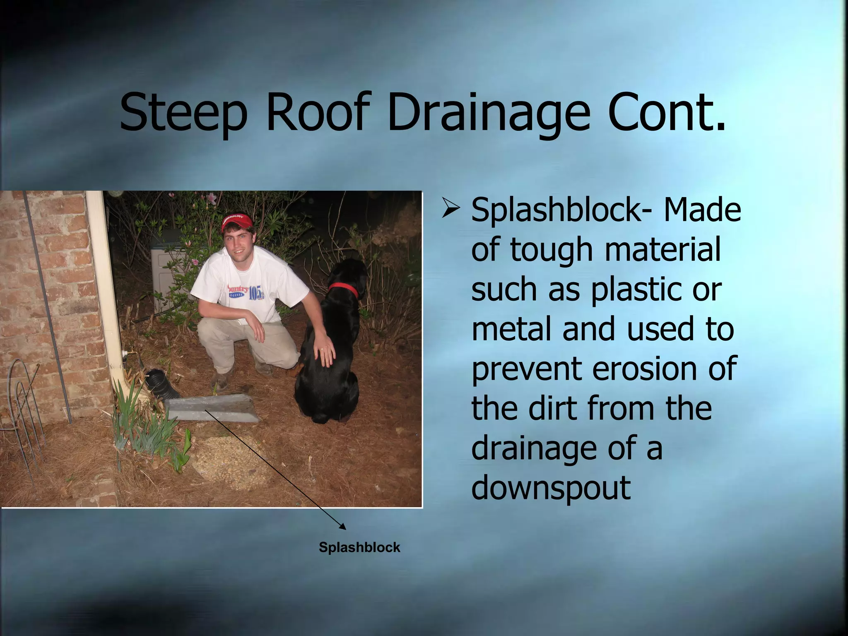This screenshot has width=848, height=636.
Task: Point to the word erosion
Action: [x=646, y=368]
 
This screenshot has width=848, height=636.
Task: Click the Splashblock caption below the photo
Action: [x=359, y=547]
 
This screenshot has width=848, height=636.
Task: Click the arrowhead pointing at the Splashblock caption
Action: [x=343, y=526]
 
